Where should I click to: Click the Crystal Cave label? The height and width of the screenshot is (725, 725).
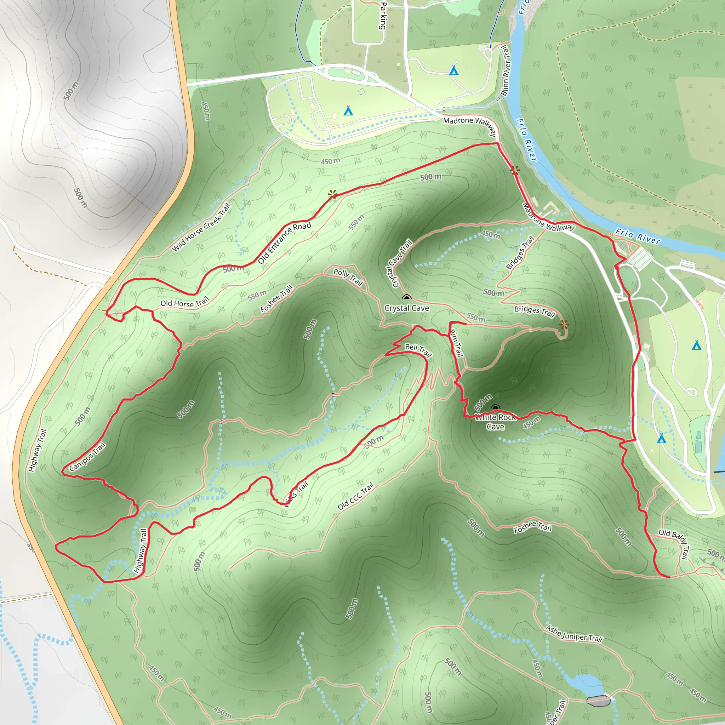point(406,308)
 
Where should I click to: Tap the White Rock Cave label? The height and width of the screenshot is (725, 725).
point(495,422)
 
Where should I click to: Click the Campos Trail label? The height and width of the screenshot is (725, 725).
point(87,457)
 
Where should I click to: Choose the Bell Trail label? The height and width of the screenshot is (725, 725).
point(418,350)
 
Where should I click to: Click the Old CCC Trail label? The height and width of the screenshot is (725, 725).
point(355,496)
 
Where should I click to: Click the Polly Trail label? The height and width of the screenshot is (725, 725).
point(348,277)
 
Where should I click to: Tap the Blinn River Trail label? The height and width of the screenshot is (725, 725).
point(506,71)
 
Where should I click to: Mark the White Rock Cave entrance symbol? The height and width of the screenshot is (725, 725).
point(495,408)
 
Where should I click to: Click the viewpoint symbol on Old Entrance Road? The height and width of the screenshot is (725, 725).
point(332,194)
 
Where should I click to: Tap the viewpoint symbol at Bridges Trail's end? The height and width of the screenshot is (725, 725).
point(564,325)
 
